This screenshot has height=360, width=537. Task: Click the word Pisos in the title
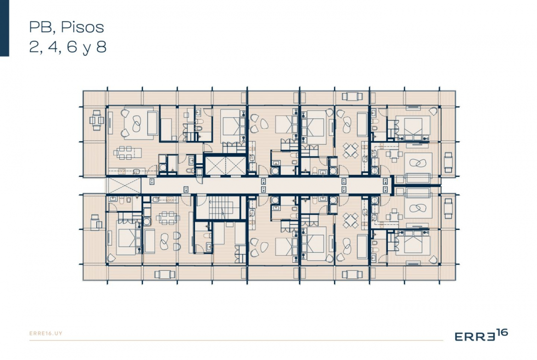click(x=83, y=28)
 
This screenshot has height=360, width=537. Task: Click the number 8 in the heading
click(x=101, y=47)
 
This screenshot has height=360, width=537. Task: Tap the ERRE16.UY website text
click(x=46, y=333)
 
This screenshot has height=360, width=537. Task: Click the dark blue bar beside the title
click(x=5, y=28)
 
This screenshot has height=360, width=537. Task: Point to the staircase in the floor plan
click(x=221, y=208)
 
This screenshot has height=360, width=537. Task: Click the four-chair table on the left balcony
click(x=96, y=120)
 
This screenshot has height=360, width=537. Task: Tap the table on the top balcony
click(x=352, y=96)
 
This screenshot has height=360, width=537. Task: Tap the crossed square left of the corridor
click(x=123, y=185)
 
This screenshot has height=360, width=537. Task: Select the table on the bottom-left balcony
click(x=165, y=274)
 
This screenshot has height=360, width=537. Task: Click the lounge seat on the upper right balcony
click(x=448, y=162)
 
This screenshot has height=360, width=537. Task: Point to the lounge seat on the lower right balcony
click(x=448, y=208)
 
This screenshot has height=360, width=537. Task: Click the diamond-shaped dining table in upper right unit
click(x=351, y=150)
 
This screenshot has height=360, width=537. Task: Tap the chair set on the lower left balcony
click(x=96, y=222)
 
